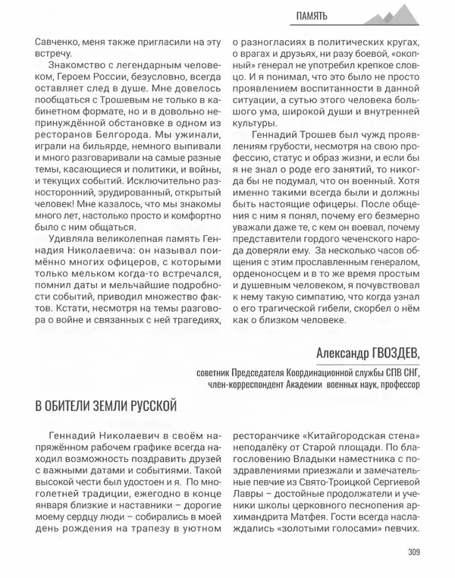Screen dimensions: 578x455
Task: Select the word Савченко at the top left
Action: click(x=56, y=42)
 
